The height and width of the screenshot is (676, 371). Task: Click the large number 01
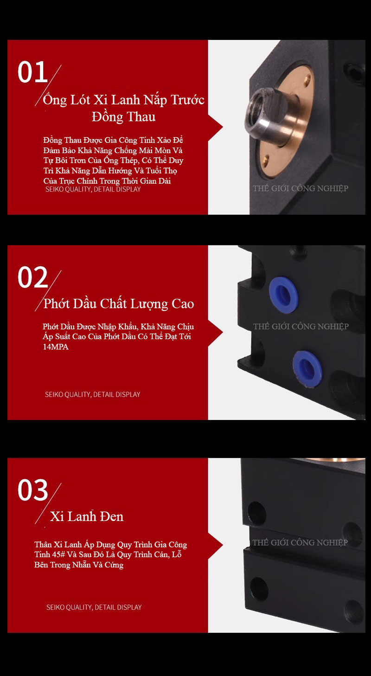32,72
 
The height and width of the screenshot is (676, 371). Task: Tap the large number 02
32,277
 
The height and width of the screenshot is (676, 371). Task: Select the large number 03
32,490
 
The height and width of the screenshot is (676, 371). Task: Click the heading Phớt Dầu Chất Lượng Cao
119,303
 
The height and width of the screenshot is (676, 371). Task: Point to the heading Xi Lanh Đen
87,516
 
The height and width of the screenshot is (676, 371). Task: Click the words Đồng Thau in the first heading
124,117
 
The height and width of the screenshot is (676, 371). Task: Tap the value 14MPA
56,347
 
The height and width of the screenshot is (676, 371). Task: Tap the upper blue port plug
283,292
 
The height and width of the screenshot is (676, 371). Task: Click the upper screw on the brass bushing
307,80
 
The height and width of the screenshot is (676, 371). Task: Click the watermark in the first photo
301,188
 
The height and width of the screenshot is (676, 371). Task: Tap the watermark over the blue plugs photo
301,326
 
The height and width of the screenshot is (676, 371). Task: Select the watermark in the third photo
300,542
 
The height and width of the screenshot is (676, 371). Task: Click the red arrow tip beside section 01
223,127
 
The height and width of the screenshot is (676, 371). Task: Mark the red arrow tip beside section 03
223,545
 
